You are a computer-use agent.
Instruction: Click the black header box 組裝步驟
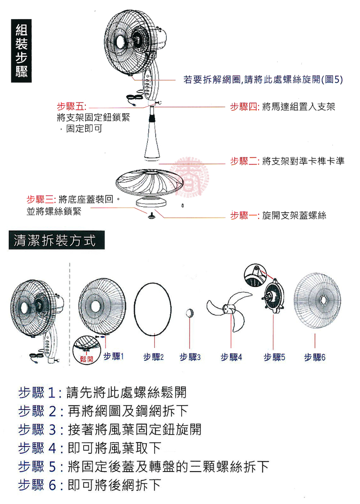[21, 51]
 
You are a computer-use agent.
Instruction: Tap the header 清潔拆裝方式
[57, 240]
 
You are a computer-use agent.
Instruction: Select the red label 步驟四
[244, 106]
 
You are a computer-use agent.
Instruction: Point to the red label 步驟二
[244, 161]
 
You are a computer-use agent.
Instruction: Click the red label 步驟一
[244, 215]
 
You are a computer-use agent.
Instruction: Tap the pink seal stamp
[189, 177]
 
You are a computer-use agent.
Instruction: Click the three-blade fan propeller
[229, 310]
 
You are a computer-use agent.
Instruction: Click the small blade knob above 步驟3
[190, 313]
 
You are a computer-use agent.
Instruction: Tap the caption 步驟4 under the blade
[231, 357]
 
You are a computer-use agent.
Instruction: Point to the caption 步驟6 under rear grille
[315, 357]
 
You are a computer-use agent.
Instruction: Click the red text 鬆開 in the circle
[86, 358]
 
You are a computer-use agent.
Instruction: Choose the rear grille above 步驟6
[317, 301]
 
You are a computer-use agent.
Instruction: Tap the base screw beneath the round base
[151, 216]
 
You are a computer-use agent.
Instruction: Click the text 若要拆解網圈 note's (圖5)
[332, 79]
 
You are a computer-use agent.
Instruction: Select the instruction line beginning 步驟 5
[143, 467]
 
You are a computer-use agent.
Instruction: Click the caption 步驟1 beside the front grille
[114, 356]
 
